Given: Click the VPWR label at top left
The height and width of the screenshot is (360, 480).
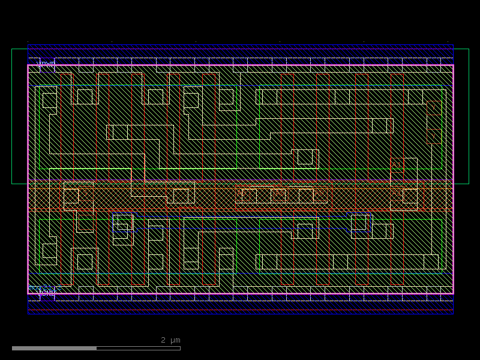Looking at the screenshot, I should (46, 63).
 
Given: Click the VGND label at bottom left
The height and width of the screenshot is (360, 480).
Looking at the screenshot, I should (47, 293).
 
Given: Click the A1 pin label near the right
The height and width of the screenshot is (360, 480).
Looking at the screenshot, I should (396, 164).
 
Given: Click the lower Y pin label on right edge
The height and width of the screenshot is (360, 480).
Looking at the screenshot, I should (433, 137).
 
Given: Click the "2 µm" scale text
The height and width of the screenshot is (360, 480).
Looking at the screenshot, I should (170, 340).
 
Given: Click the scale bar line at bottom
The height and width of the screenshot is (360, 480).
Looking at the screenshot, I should (96, 348).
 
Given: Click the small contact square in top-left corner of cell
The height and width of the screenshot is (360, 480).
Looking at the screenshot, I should (49, 100).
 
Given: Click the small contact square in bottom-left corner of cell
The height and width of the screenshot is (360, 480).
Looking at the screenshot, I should (49, 250).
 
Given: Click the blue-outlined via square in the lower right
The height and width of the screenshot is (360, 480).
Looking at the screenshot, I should (359, 222).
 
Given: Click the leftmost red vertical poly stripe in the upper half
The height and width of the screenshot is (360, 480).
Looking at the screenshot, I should (73, 120).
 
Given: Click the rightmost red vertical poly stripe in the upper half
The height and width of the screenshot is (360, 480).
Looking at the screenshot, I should (403, 120).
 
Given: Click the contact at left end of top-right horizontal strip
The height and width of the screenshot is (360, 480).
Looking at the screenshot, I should (269, 97).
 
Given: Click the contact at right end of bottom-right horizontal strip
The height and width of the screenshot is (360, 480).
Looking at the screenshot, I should (431, 262).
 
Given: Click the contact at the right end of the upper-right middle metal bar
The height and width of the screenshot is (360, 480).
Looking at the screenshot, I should (379, 125).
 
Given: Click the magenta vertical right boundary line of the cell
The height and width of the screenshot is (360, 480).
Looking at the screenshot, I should (453, 180).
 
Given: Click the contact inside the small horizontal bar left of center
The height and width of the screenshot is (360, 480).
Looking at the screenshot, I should (121, 132).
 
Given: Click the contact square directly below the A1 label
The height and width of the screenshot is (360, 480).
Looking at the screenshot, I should (410, 196).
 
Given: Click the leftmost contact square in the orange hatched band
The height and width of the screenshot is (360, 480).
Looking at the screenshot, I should (71, 196).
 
